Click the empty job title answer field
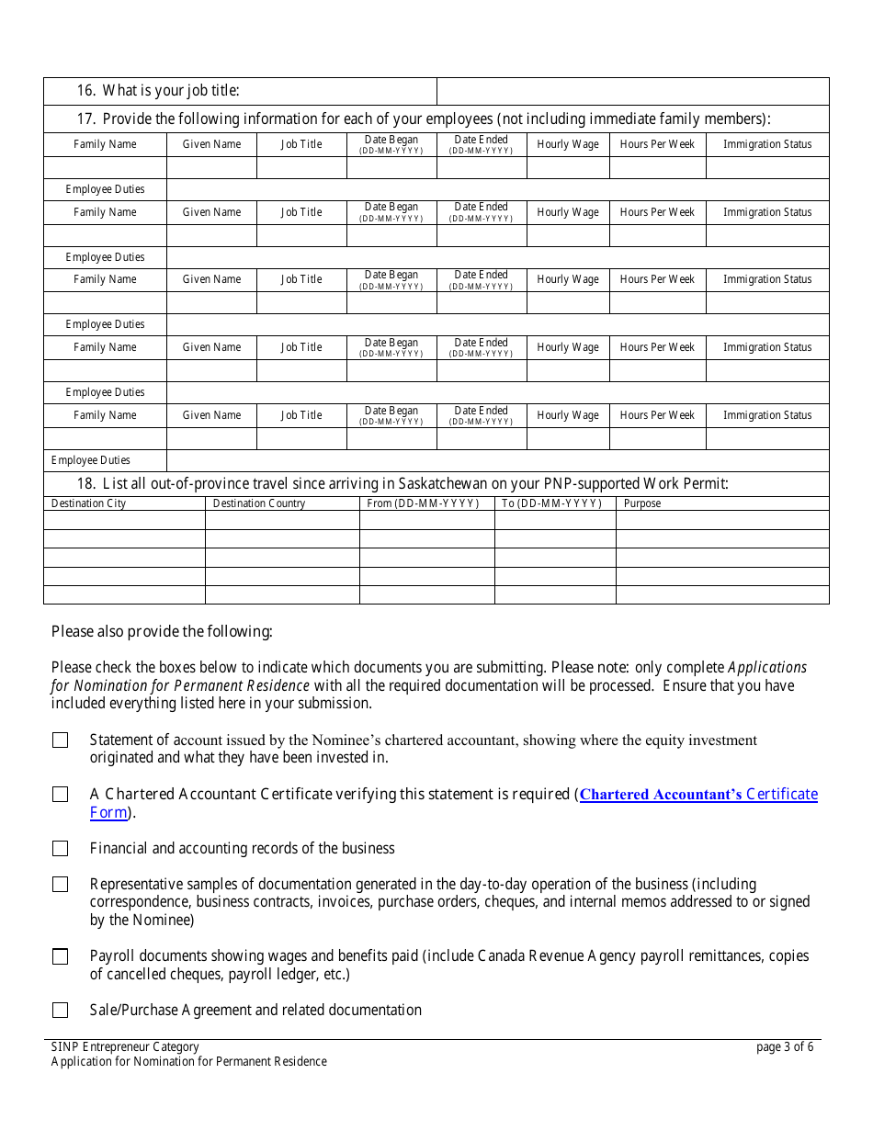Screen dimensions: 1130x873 pyautogui.click(x=632, y=91)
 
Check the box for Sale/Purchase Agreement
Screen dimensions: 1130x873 pyautogui.click(x=61, y=1011)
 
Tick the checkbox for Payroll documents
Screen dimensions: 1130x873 pyautogui.click(x=61, y=956)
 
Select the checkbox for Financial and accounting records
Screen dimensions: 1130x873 pyautogui.click(x=61, y=849)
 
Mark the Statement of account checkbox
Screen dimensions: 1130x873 pyautogui.click(x=61, y=740)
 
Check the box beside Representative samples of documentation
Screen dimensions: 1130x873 pyautogui.click(x=61, y=885)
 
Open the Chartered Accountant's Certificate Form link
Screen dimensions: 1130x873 pyautogui.click(x=698, y=795)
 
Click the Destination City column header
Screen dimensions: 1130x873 pyautogui.click(x=89, y=503)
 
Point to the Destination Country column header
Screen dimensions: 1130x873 pyautogui.click(x=259, y=503)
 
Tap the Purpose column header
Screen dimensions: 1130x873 pyautogui.click(x=642, y=503)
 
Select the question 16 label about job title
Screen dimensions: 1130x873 pyautogui.click(x=158, y=91)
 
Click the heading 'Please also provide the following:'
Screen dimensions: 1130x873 pyautogui.click(x=162, y=631)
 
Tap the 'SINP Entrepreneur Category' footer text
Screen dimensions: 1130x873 pyautogui.click(x=125, y=1047)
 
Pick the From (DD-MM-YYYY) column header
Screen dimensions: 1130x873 pyautogui.click(x=423, y=503)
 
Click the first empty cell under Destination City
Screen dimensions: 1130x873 pyautogui.click(x=124, y=521)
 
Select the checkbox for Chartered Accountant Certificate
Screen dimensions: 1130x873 pyautogui.click(x=61, y=795)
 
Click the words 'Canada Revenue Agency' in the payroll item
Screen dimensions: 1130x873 pyautogui.click(x=556, y=956)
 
